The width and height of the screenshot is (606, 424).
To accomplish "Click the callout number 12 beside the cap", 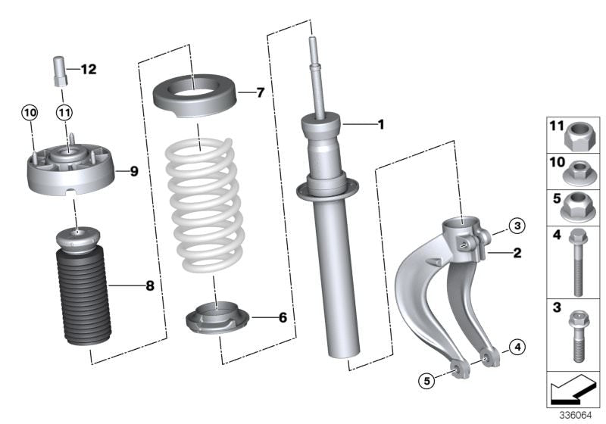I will (89, 70).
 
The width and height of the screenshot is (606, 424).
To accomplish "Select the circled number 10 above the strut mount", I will (29, 113).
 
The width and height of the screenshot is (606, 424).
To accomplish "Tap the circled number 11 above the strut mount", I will (64, 113).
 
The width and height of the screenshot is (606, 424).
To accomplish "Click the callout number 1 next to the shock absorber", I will (381, 123).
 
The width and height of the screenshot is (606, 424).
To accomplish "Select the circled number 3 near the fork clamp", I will (516, 225).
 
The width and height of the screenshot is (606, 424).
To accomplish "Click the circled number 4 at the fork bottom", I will (516, 348).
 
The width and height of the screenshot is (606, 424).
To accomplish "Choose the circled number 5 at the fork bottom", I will (429, 380).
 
